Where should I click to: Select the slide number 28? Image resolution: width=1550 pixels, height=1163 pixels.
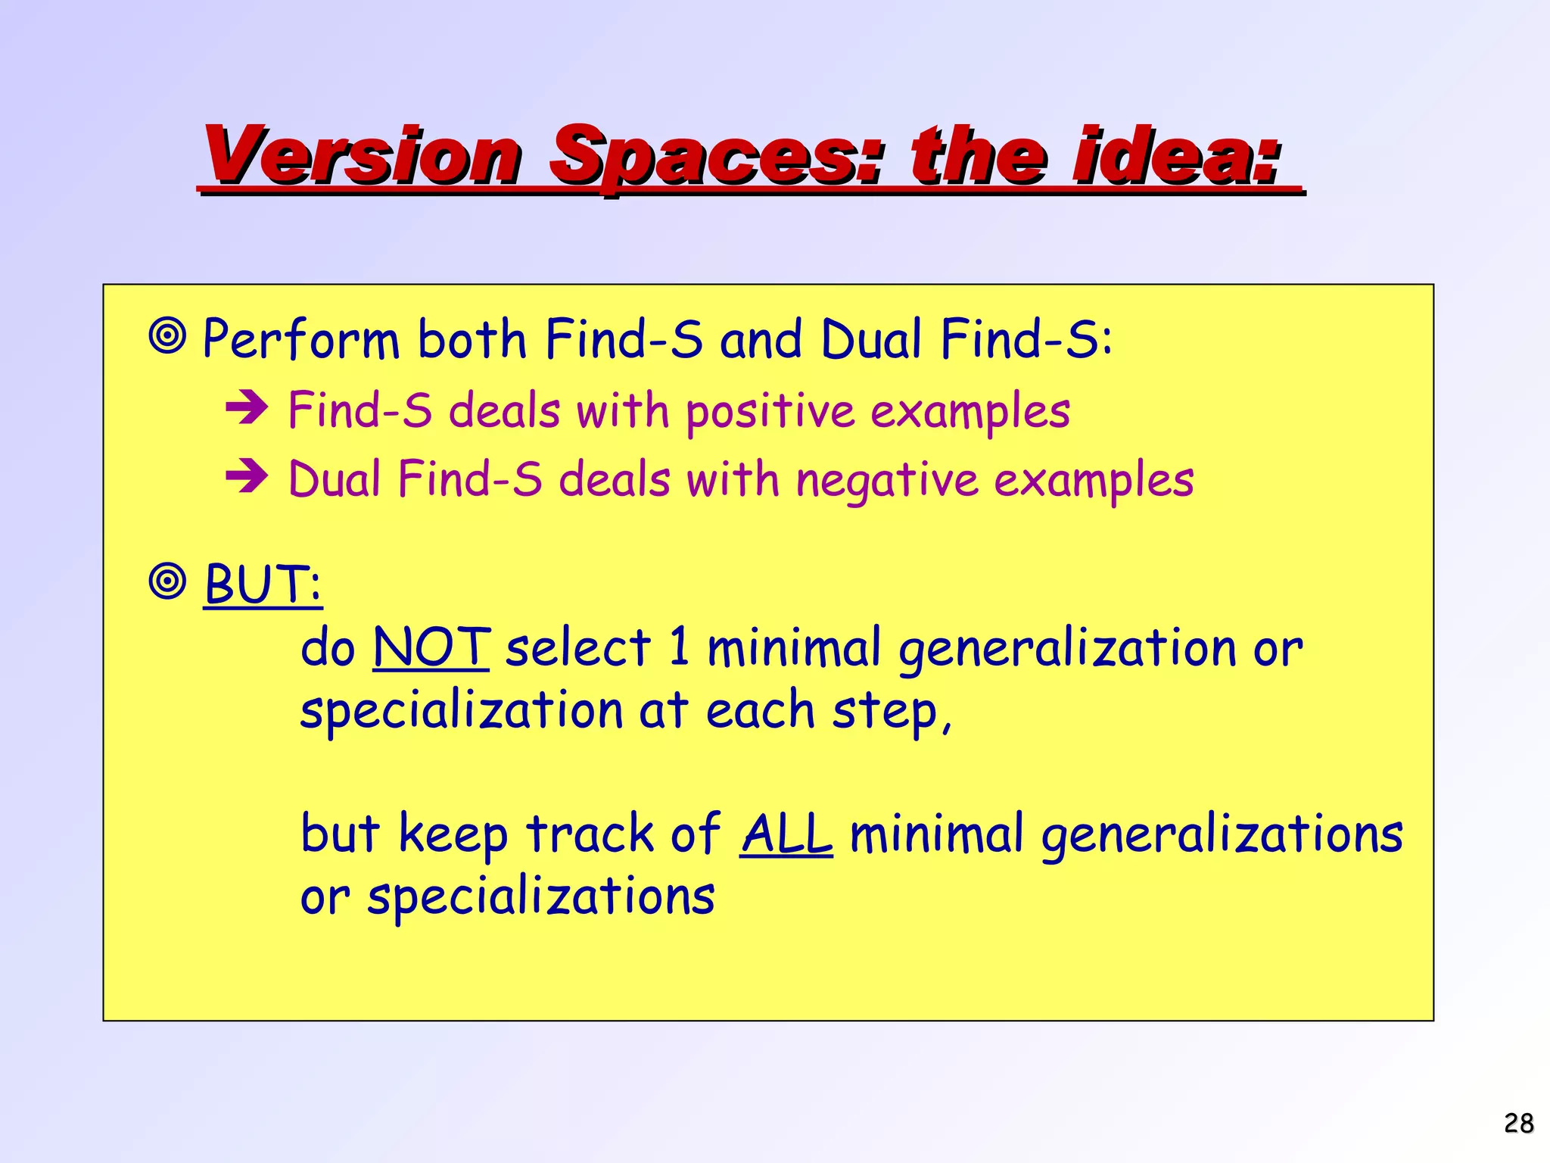1518,1123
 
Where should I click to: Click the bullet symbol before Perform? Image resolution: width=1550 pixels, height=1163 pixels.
167,336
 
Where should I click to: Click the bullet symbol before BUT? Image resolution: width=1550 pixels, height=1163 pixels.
167,581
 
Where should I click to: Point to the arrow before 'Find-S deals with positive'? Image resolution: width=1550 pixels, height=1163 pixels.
247,408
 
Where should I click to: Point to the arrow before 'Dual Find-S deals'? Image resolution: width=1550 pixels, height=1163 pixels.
247,476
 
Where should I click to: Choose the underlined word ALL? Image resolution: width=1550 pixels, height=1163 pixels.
786,834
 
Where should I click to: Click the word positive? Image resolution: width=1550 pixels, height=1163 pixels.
770,412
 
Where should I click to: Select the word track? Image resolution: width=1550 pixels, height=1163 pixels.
590,834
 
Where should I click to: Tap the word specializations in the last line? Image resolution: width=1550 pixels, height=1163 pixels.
540,897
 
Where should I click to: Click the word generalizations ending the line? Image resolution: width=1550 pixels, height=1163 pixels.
1222,834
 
